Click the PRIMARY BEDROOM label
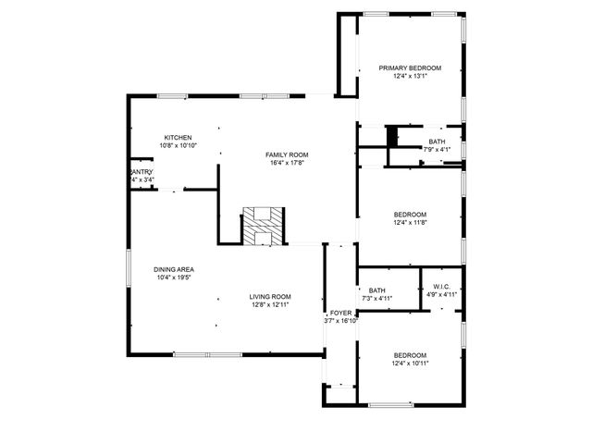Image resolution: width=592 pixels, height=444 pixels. pos(410,68)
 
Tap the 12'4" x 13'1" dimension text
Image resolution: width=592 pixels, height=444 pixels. pos(410,77)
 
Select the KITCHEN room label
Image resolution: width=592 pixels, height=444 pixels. pos(178,137)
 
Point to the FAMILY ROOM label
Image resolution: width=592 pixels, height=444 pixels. pos(287,154)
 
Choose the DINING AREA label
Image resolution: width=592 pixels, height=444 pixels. pos(174,269)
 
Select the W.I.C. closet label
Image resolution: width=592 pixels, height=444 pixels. pos(440,287)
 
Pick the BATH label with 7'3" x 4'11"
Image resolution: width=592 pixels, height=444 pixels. pos(376,290)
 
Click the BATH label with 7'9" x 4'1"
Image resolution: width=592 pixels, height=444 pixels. pos(437,142)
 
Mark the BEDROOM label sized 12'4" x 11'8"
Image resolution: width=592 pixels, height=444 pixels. pos(410,214)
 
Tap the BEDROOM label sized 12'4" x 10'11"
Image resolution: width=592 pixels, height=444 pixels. pos(410,355)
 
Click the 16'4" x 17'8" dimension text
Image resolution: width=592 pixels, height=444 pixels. pos(287,163)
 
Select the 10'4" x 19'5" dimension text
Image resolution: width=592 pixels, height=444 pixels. pos(174,277)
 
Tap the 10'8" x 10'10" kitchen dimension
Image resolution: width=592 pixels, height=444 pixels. pos(178,145)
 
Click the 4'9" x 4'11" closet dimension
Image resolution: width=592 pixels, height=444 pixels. pos(440,295)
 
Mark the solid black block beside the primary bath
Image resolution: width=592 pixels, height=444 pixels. pos(391,136)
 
